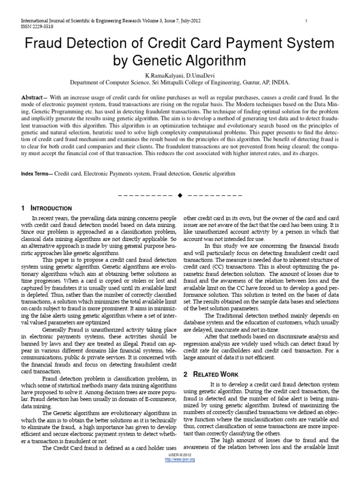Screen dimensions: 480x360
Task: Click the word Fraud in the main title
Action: click(43, 44)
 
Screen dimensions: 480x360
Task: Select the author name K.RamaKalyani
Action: click(165, 75)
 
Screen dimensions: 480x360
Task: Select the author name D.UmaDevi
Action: click(200, 75)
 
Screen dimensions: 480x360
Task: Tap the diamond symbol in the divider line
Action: click(180, 195)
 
